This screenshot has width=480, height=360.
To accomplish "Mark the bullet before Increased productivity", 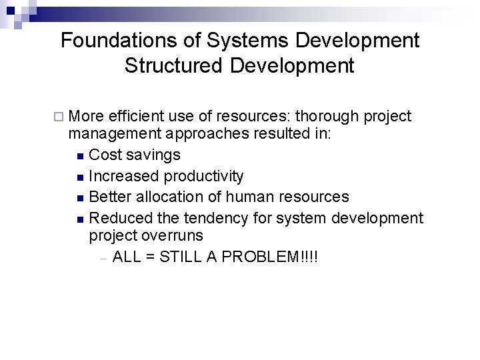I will coord(81,177).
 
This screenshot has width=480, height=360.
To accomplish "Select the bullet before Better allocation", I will coord(81,198).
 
